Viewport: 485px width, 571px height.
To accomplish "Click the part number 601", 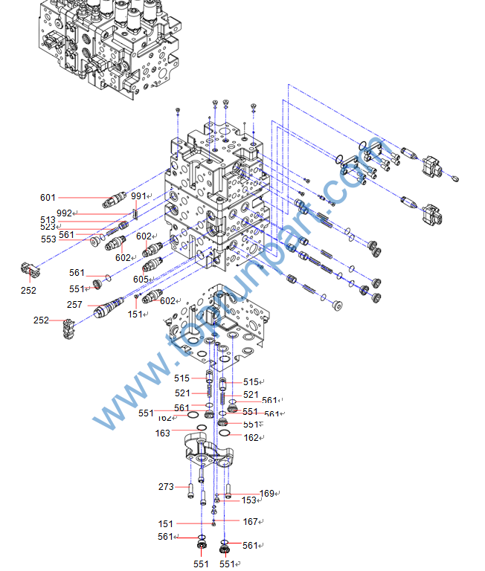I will click(x=48, y=198).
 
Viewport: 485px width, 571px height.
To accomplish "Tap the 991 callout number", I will click(x=138, y=196).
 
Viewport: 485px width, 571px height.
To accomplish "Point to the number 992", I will click(x=64, y=213).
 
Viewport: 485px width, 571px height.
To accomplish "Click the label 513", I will click(x=48, y=220).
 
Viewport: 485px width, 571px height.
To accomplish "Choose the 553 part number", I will click(x=48, y=239).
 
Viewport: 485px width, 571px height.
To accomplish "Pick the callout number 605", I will click(x=141, y=279).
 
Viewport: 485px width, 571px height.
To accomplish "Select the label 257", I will click(x=74, y=306).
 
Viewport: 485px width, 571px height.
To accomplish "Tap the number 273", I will click(x=166, y=487).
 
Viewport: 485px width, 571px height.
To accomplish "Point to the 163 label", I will click(x=163, y=433).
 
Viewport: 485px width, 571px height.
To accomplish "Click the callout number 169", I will click(x=267, y=493).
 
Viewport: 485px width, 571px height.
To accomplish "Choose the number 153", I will click(x=248, y=500).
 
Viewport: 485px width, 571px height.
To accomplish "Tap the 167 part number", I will click(x=251, y=521).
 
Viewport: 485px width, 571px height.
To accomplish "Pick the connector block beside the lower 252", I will click(x=69, y=325).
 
